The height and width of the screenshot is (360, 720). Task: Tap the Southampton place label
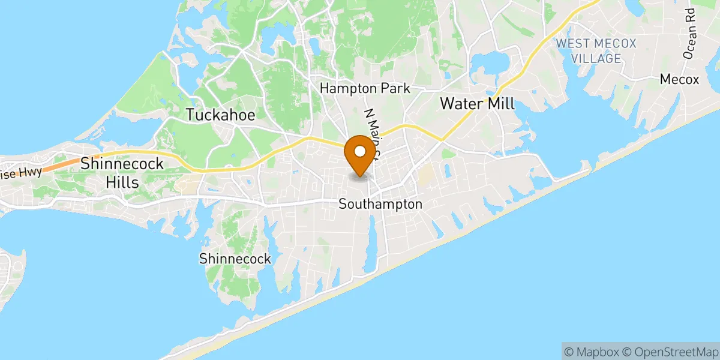pos(380,204)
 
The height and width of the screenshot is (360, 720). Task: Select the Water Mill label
pos(478,103)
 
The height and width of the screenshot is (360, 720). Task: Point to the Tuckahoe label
pos(220,115)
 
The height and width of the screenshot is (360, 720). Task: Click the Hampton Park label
pos(365,88)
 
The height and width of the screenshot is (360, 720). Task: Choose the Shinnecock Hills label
pos(122,172)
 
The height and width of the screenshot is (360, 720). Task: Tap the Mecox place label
pos(679,79)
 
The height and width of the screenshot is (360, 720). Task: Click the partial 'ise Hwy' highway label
pos(21,172)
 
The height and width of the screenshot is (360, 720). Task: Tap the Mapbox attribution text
pos(591,351)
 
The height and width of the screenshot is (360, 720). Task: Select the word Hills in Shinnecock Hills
pos(122,182)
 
